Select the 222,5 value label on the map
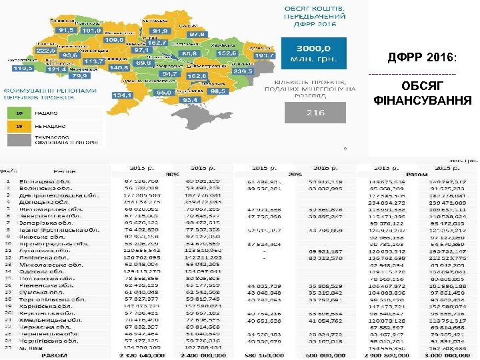point(45,50)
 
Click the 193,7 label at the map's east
point(264,55)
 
